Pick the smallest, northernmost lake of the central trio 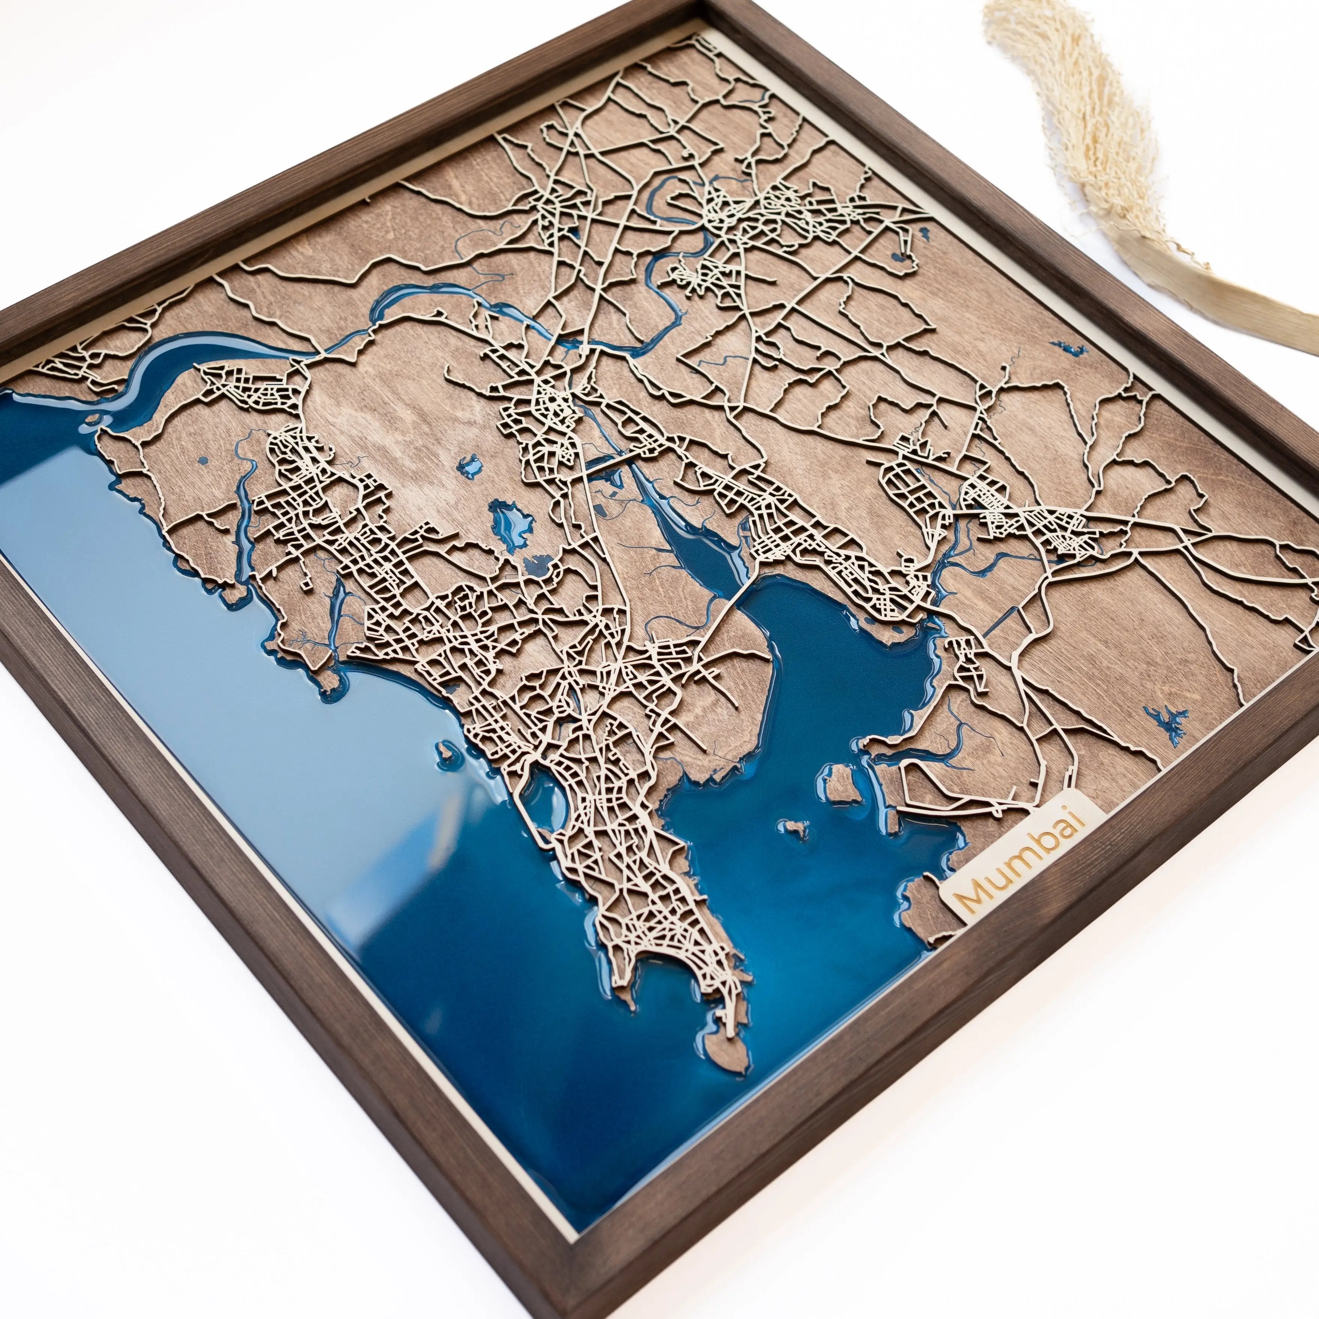point(470,466)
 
